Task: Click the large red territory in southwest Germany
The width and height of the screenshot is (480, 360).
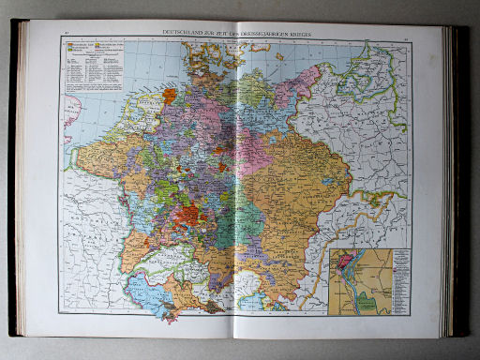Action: pyautogui.click(x=189, y=217)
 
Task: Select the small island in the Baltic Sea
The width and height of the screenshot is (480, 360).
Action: pyautogui.click(x=279, y=57)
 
